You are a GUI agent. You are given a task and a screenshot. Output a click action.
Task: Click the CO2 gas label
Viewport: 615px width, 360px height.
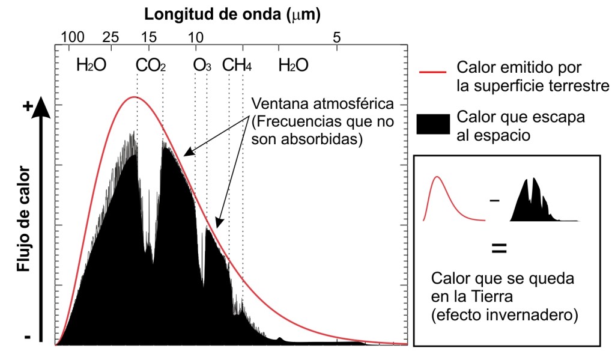[151, 66]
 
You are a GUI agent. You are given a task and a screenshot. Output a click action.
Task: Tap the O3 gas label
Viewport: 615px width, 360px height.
[202, 66]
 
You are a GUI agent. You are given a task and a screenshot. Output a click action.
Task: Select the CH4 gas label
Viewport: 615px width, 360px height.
[237, 66]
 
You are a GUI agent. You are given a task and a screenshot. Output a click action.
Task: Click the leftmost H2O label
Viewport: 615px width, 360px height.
[91, 66]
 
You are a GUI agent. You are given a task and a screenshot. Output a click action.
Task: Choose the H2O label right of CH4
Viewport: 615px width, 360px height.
[293, 66]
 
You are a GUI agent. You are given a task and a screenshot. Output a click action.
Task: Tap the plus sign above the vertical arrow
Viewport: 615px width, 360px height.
[26, 106]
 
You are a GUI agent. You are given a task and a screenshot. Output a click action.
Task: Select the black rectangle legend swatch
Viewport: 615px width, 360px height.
[432, 123]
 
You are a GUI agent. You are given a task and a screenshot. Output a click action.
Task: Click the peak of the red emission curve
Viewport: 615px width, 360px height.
[135, 97]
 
